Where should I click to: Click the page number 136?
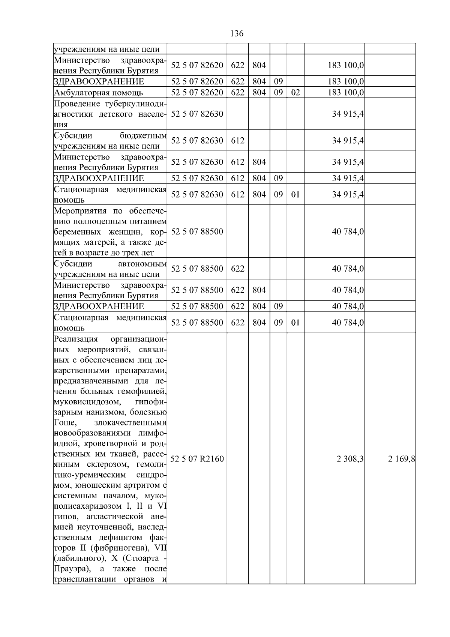[x=237, y=34]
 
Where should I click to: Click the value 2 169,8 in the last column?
[x=401, y=459]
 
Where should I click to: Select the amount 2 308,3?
[x=350, y=459]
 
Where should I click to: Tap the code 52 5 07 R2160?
[x=197, y=459]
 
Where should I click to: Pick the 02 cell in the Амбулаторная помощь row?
[x=295, y=92]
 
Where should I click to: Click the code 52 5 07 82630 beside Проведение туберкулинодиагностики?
[x=197, y=114]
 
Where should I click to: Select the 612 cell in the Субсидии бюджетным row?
[x=238, y=141]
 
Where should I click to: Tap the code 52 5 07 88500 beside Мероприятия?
[x=197, y=231]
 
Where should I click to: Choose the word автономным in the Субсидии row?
[x=142, y=264]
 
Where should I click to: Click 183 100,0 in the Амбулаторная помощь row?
[x=345, y=93]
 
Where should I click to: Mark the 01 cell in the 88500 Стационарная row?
[x=295, y=323]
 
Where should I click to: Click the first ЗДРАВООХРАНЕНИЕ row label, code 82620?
[x=99, y=81]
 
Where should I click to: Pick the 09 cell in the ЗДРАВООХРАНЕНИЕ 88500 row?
[x=278, y=306]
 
